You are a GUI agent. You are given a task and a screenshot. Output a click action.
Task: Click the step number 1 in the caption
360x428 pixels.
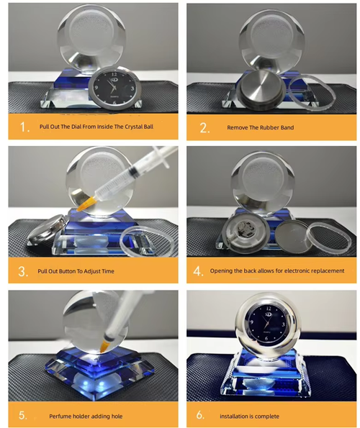tap(24, 127)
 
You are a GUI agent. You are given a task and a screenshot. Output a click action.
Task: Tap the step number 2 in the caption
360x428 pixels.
tap(205, 127)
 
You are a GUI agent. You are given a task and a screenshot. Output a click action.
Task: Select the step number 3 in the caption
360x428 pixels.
tap(25, 271)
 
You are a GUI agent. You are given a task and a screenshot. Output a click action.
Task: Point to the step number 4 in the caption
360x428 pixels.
tap(205, 271)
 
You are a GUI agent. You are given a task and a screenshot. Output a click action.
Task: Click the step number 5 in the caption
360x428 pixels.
tap(25, 416)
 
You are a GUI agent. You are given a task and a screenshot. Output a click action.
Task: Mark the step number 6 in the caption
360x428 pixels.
tap(205, 416)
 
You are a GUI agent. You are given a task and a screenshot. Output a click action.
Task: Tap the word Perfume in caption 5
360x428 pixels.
tap(63, 416)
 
